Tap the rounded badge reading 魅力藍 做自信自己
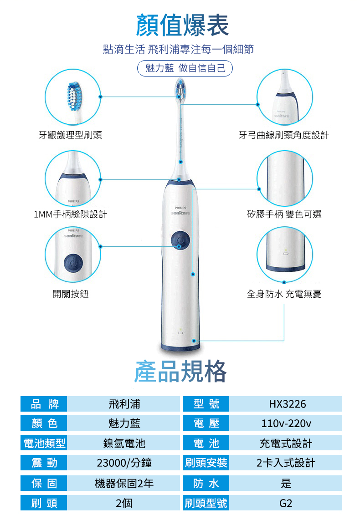pos(185,68)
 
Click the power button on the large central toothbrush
pos(180,240)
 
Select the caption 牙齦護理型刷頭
pos(70,135)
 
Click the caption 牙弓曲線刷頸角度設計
pos(283,135)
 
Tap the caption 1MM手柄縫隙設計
pos(71,214)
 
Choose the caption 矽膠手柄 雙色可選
pos(284,214)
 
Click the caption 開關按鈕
pos(71,294)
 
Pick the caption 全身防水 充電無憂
pos(284,294)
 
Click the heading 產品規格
pos(180,371)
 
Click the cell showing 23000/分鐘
pos(124,463)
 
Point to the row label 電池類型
pos(44,443)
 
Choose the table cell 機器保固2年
pos(124,483)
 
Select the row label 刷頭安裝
pos(206,463)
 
